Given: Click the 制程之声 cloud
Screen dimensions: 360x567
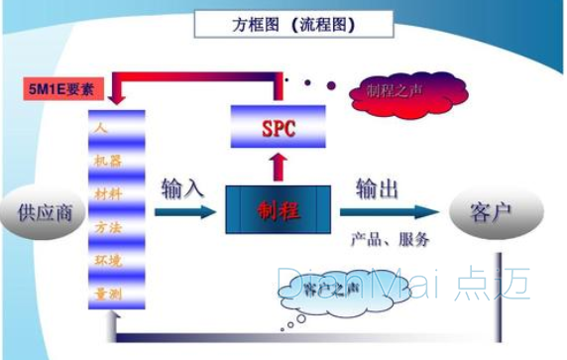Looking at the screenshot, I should (x=395, y=92).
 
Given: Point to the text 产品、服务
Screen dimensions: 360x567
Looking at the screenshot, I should (x=390, y=239).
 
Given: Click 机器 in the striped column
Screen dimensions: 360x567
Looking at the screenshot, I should (x=106, y=160).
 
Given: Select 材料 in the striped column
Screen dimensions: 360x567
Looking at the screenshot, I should (x=106, y=190).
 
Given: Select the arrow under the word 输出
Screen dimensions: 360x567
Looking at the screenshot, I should (x=388, y=211).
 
